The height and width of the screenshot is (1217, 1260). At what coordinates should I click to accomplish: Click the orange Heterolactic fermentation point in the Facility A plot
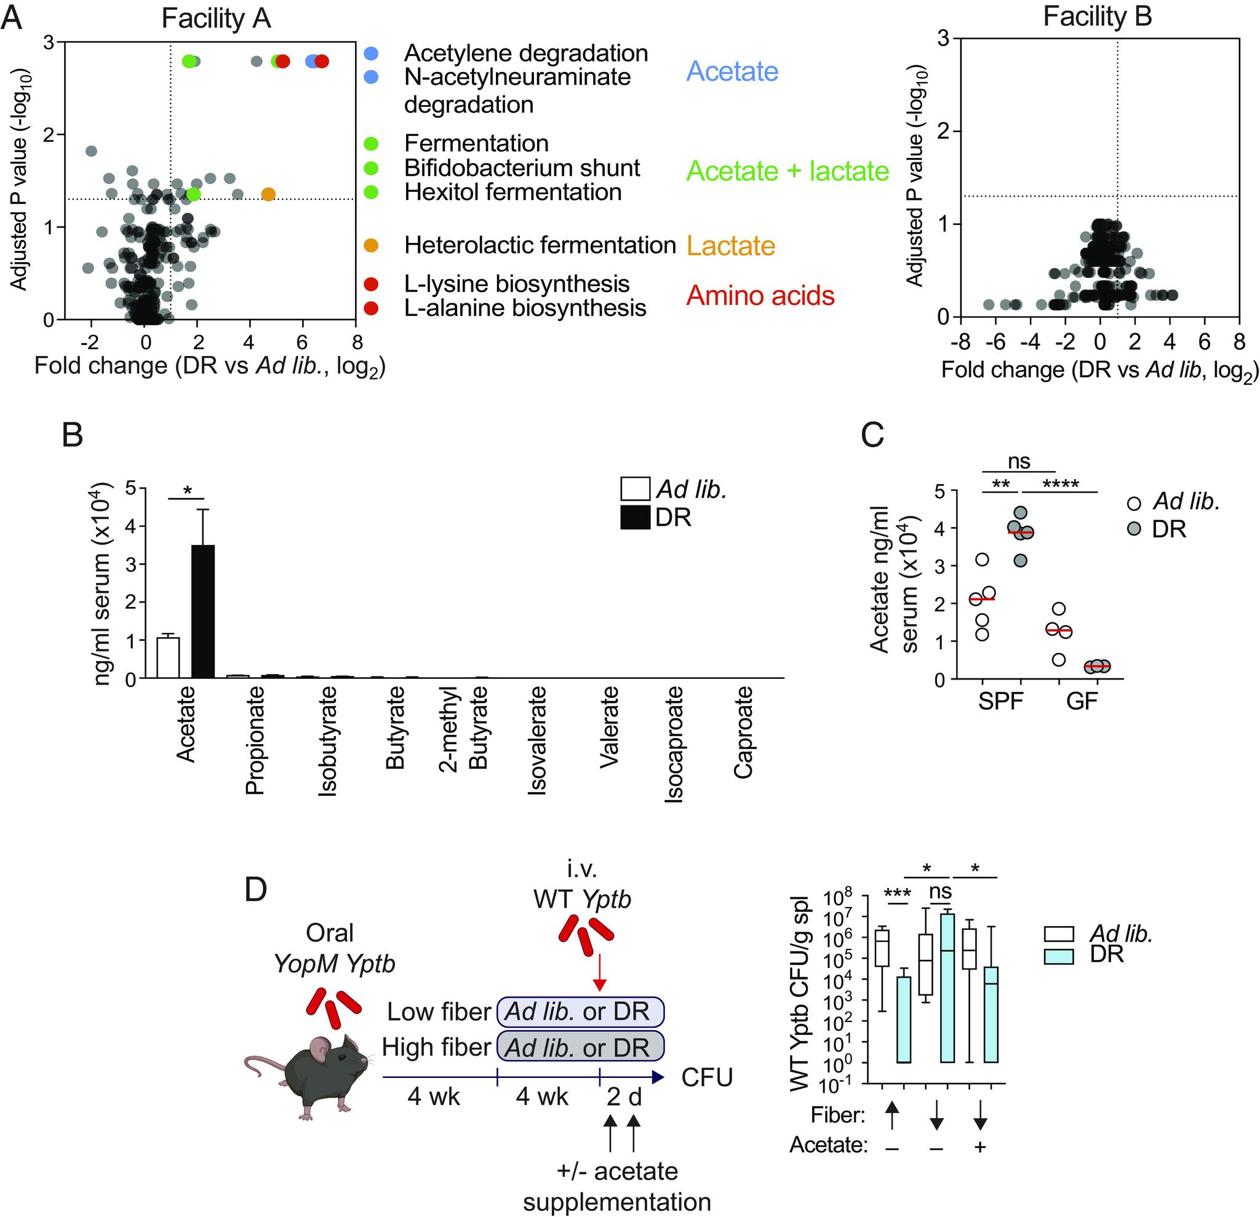[x=269, y=194]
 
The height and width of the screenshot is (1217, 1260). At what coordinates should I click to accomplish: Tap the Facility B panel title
[x=1098, y=17]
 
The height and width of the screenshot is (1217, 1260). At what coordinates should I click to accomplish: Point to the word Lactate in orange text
[x=731, y=245]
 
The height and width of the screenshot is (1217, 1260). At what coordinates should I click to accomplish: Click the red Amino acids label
[x=760, y=296]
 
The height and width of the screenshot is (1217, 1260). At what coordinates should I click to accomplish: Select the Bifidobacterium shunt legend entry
[x=521, y=168]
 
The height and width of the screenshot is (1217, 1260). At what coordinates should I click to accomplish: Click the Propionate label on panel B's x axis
[x=255, y=740]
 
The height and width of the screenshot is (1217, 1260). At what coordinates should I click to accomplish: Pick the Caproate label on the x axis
[x=743, y=732]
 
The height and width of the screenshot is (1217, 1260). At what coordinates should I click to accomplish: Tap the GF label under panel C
[x=1082, y=701]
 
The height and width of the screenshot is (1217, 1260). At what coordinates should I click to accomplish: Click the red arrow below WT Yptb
[x=599, y=972]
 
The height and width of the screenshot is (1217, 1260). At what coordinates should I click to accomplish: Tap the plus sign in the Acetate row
[x=980, y=1146]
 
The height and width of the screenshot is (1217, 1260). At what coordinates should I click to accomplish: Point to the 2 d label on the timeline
[x=624, y=1096]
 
